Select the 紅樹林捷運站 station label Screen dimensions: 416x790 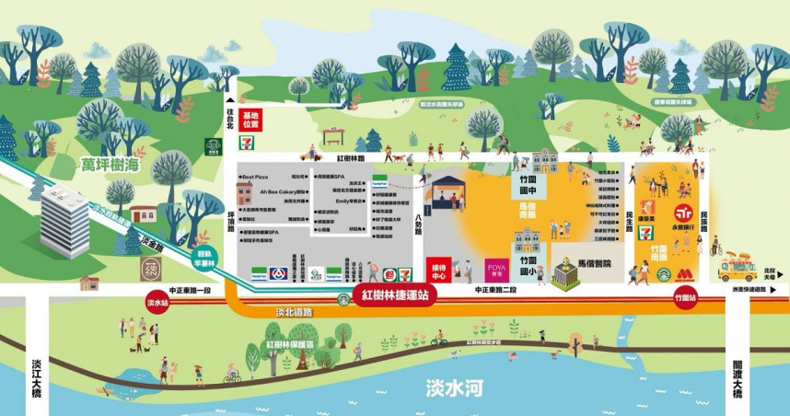click(394, 296)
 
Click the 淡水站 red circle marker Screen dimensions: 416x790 click(157, 302)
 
